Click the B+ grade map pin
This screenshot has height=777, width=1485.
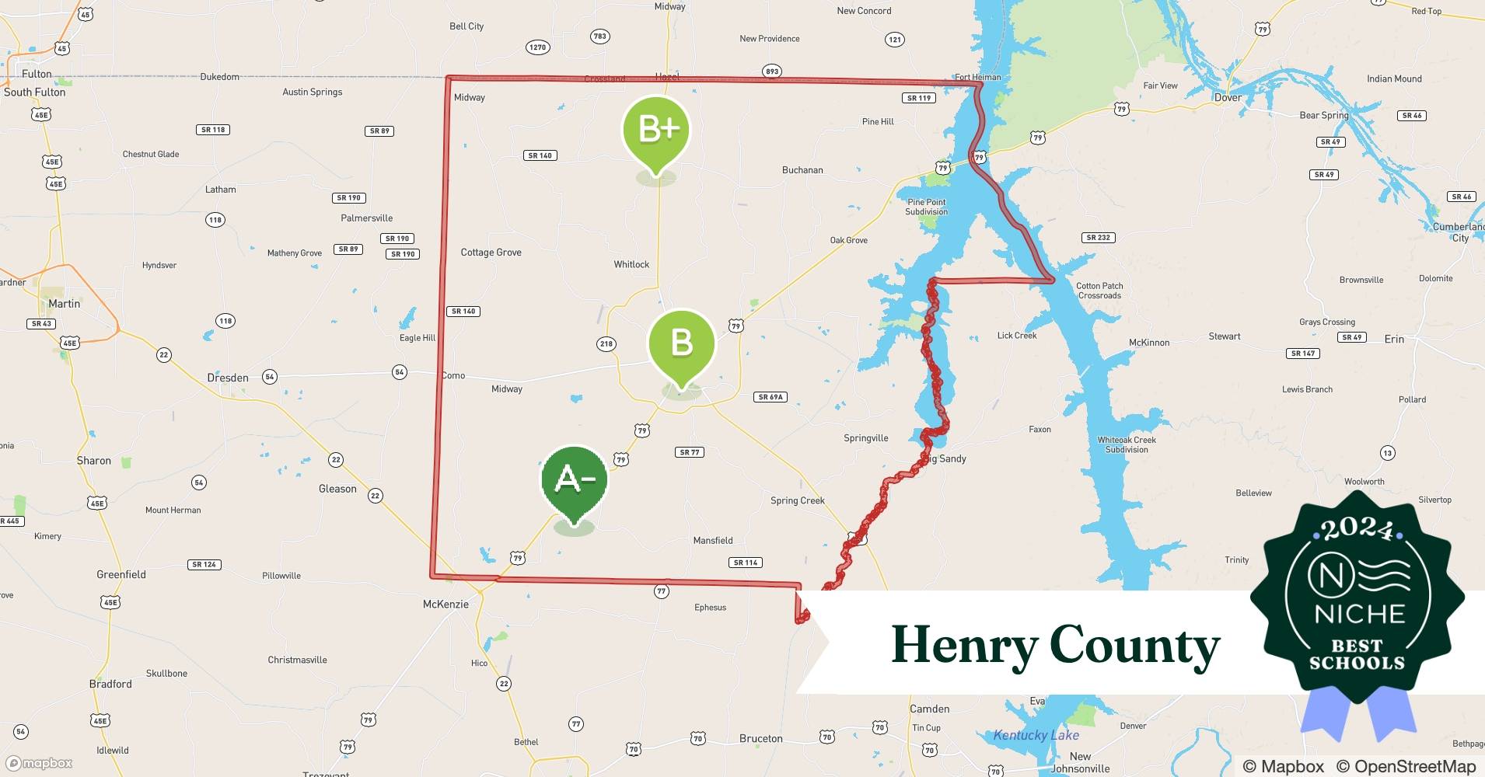click(656, 131)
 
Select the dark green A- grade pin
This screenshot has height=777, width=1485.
click(574, 481)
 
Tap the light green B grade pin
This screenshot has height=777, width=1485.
click(681, 344)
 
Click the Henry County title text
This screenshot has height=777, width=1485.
click(1055, 646)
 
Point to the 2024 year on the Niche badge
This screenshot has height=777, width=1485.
click(1357, 530)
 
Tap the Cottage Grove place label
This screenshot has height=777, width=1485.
click(491, 253)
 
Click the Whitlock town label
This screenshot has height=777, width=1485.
click(631, 264)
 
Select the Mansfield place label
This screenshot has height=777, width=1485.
click(712, 540)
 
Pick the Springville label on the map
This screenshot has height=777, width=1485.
click(865, 438)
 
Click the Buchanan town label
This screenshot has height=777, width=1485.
click(802, 170)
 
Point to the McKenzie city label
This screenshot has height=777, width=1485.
click(445, 604)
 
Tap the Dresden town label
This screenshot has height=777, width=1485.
click(228, 378)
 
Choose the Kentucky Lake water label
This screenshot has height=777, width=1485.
click(1036, 735)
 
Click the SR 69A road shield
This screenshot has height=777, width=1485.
click(770, 397)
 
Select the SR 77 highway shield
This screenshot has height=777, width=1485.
click(690, 452)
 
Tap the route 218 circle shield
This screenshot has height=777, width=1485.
click(606, 343)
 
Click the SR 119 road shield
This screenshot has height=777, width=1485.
click(919, 98)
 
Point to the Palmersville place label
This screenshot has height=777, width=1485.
click(366, 218)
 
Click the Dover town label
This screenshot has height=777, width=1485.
click(1228, 97)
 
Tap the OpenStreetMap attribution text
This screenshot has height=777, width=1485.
click(1406, 766)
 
